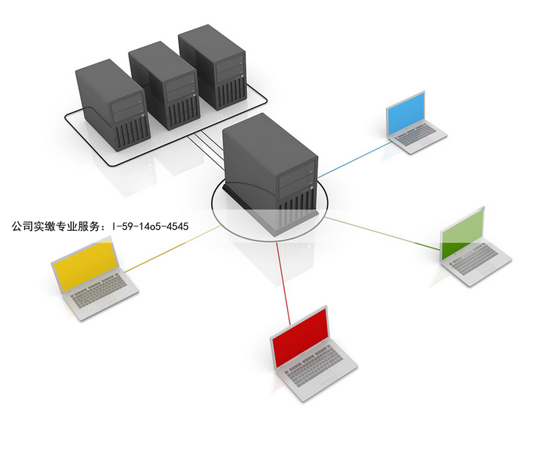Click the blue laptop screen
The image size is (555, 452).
tap(405, 113)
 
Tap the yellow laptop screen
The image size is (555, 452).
tap(85, 264)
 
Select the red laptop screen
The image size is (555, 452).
tap(300, 336)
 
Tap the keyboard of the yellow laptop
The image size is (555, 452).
tap(99, 288)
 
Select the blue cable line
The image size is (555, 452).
tap(355, 159)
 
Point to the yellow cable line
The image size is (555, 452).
tap(172, 248)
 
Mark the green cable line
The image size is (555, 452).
tap(383, 233)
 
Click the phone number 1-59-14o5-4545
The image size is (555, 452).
tap(150, 226)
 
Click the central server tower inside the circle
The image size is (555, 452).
tap(271, 175)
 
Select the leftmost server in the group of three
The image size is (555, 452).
tap(112, 105)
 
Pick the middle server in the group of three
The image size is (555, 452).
tap(164, 85)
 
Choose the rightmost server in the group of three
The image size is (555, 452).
tap(213, 67)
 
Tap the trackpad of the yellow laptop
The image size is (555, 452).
tap(107, 302)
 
